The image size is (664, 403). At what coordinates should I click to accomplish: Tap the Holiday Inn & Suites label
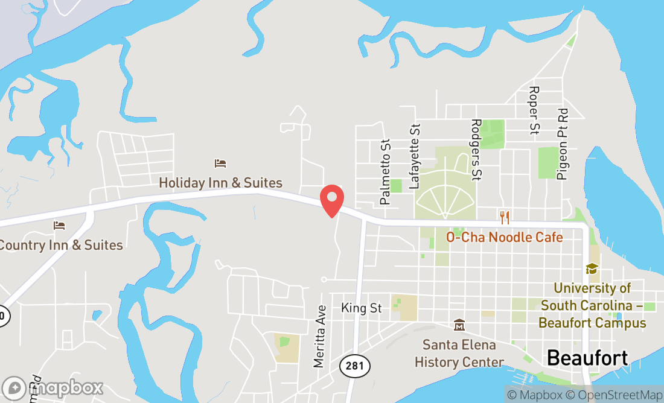click(x=220, y=182)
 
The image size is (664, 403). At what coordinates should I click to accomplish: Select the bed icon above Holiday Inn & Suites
click(x=220, y=163)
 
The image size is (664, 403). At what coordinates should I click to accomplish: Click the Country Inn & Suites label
click(x=60, y=245)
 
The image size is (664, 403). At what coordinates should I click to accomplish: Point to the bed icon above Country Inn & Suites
click(x=59, y=226)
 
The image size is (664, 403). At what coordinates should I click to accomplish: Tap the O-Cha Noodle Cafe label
click(x=504, y=237)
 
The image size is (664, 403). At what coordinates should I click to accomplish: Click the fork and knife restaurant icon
click(x=505, y=217)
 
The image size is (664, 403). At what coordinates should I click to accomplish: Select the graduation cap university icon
click(x=592, y=269)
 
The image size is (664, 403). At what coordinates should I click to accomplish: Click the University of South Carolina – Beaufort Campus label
click(x=592, y=305)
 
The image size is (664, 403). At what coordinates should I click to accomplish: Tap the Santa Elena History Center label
click(x=459, y=354)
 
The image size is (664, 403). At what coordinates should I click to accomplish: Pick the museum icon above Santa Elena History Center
click(x=459, y=325)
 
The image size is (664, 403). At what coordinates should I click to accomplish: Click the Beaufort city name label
click(x=587, y=357)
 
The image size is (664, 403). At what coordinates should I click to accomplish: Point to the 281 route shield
click(x=354, y=366)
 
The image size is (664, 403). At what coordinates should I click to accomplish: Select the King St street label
click(x=362, y=308)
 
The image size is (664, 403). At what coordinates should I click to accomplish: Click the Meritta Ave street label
click(x=319, y=337)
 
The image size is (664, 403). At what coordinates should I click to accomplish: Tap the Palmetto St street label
click(x=385, y=171)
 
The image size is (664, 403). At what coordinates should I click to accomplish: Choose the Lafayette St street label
click(x=415, y=157)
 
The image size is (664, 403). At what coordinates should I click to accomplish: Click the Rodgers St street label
click(x=476, y=149)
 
